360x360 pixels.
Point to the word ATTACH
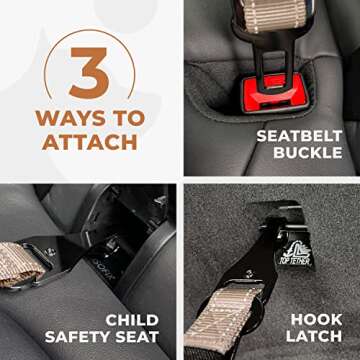(90, 141)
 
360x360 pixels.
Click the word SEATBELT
(299, 135)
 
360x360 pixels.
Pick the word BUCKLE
(306, 155)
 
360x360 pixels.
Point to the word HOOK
(315, 321)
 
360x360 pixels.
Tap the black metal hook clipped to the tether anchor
(260, 250)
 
